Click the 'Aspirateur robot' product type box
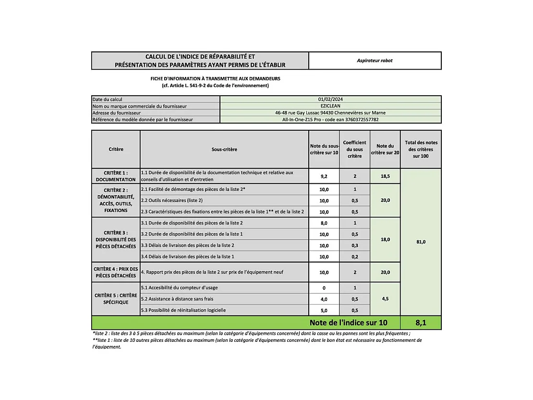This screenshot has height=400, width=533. click(375, 61)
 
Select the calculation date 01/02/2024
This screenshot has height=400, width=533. click(330, 100)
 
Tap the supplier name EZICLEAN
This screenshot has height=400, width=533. click(330, 106)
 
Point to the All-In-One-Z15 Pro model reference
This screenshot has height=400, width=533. click(330, 120)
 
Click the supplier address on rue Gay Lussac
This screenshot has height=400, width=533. click(330, 113)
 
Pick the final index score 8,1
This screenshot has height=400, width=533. click(420, 323)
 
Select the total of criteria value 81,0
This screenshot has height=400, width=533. click(420, 242)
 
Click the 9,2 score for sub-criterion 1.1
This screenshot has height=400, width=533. click(324, 176)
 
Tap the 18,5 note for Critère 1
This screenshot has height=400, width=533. click(385, 176)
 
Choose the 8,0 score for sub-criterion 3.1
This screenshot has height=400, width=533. click(324, 223)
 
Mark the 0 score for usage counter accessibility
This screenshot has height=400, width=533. click(324, 288)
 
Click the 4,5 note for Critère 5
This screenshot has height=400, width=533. click(385, 299)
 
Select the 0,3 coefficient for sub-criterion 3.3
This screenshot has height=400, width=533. click(355, 245)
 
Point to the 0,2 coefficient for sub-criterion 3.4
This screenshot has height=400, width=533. click(355, 257)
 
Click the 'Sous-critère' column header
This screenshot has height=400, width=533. click(224, 150)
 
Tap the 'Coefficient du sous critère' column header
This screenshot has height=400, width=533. click(355, 150)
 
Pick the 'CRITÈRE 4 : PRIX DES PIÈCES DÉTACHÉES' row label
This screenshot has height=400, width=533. click(116, 273)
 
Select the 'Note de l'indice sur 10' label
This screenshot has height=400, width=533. click(348, 323)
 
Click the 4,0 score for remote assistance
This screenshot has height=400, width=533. click(324, 299)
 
